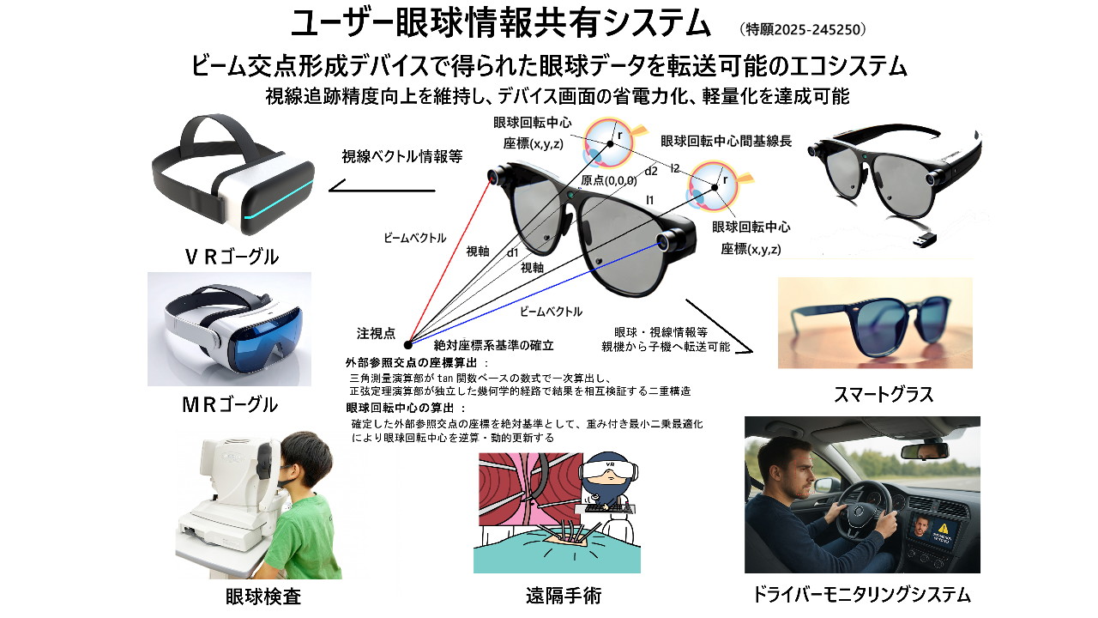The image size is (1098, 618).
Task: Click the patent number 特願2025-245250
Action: click(x=802, y=30)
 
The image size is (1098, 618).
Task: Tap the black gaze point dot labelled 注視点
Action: click(x=407, y=345)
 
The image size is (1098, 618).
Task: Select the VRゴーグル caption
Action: click(x=232, y=257)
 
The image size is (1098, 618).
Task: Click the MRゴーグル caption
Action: click(x=230, y=404)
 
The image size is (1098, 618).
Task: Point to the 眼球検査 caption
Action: click(x=263, y=597)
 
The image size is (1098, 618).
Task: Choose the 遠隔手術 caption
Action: click(x=564, y=596)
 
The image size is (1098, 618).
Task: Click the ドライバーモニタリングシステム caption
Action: click(x=861, y=595)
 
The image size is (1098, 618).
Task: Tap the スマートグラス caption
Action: click(x=884, y=394)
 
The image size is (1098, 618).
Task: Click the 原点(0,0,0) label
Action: click(x=609, y=180)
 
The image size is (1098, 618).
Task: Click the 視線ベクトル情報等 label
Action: click(x=402, y=156)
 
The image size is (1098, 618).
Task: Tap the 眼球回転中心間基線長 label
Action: click(x=726, y=142)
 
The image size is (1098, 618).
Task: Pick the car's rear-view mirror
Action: click(x=925, y=451)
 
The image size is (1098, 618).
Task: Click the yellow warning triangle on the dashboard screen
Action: click(x=943, y=528)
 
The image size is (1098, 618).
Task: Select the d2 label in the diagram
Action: click(x=651, y=171)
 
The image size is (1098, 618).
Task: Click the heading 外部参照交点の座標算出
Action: click(x=411, y=363)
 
